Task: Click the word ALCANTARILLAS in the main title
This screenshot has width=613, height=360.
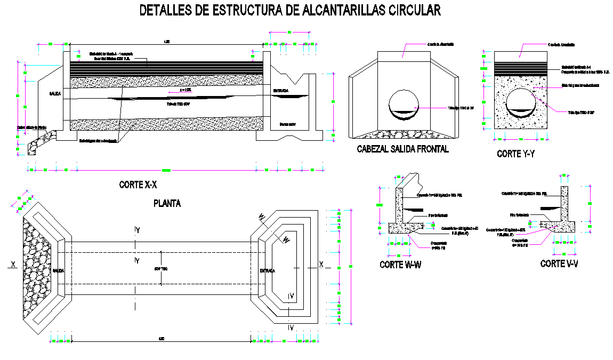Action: coord(335,10)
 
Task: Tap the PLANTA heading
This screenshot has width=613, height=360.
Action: coord(167,203)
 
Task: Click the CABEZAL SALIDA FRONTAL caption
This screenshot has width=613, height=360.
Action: coord(402,149)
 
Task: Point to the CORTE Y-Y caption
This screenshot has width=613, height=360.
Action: coord(515,154)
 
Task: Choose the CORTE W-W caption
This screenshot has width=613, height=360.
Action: coord(400,265)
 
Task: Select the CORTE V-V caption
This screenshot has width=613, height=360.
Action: coord(559,264)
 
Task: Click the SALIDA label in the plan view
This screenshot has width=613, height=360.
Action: coord(58,271)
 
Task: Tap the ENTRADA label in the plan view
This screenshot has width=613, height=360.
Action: coord(267,271)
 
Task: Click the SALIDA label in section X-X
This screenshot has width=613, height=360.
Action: coord(55,93)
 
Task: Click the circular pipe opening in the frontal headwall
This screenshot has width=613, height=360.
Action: coord(404,104)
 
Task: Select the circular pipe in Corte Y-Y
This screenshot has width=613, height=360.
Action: coord(520,102)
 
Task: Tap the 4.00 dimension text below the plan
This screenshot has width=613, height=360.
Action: coord(160,339)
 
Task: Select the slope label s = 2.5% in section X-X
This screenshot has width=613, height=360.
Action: coord(185,90)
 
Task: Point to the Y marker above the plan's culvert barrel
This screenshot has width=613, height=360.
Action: coord(137,230)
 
